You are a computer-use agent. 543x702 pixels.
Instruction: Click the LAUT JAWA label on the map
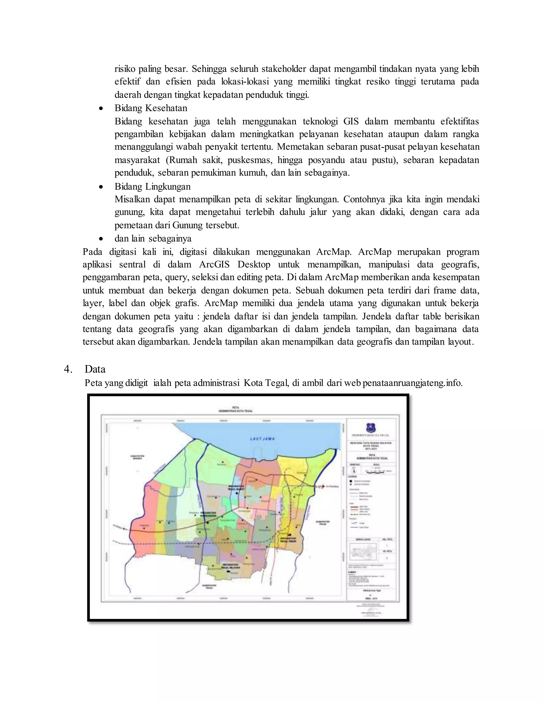tap(262, 438)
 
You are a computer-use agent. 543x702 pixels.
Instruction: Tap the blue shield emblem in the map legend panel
tap(371, 428)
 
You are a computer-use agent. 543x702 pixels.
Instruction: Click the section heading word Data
tap(95, 369)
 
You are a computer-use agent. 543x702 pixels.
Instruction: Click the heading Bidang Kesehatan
tap(151, 108)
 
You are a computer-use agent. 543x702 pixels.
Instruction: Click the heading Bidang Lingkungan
tap(152, 186)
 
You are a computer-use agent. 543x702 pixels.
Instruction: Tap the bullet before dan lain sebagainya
tap(101, 239)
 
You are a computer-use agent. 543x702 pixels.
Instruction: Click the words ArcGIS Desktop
tap(234, 265)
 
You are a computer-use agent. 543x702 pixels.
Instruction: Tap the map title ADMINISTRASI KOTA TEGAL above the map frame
tap(235, 411)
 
